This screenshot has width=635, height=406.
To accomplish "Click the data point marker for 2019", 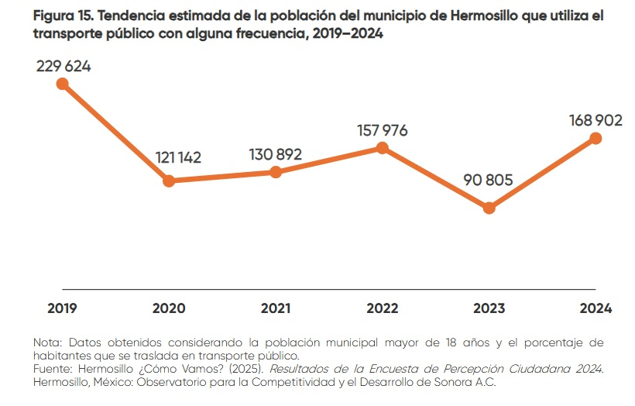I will [63, 84].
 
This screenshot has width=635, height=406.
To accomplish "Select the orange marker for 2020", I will [169, 181].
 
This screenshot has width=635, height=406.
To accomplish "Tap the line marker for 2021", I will [276, 172].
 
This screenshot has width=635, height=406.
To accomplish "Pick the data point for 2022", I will [382, 148].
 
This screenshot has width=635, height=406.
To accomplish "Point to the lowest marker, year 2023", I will [489, 208].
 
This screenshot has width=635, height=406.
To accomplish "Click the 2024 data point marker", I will [596, 138].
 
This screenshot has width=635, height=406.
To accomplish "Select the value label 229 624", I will [63, 66].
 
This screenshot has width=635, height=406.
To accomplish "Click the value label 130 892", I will [276, 153].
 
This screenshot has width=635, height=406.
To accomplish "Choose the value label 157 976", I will [382, 130].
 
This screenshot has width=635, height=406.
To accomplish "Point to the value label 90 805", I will [489, 181].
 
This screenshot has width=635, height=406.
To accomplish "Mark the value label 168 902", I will [596, 120].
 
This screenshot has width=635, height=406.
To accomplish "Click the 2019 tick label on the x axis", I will [63, 308].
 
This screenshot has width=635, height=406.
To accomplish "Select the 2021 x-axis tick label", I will [276, 308].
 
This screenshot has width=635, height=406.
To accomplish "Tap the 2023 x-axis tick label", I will [489, 308].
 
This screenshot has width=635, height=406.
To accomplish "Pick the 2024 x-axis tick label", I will [596, 308].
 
